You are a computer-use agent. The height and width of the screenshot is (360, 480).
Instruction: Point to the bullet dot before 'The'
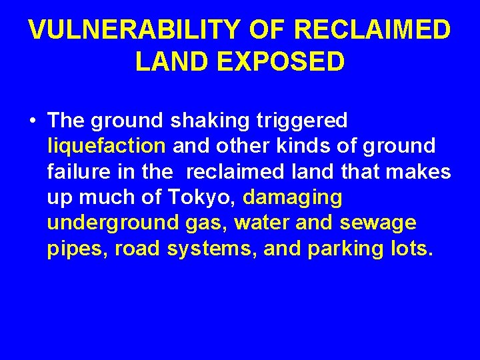point(32,121)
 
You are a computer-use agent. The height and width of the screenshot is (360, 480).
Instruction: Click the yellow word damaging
point(293,197)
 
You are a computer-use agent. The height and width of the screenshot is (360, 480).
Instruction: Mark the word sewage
point(377,223)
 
